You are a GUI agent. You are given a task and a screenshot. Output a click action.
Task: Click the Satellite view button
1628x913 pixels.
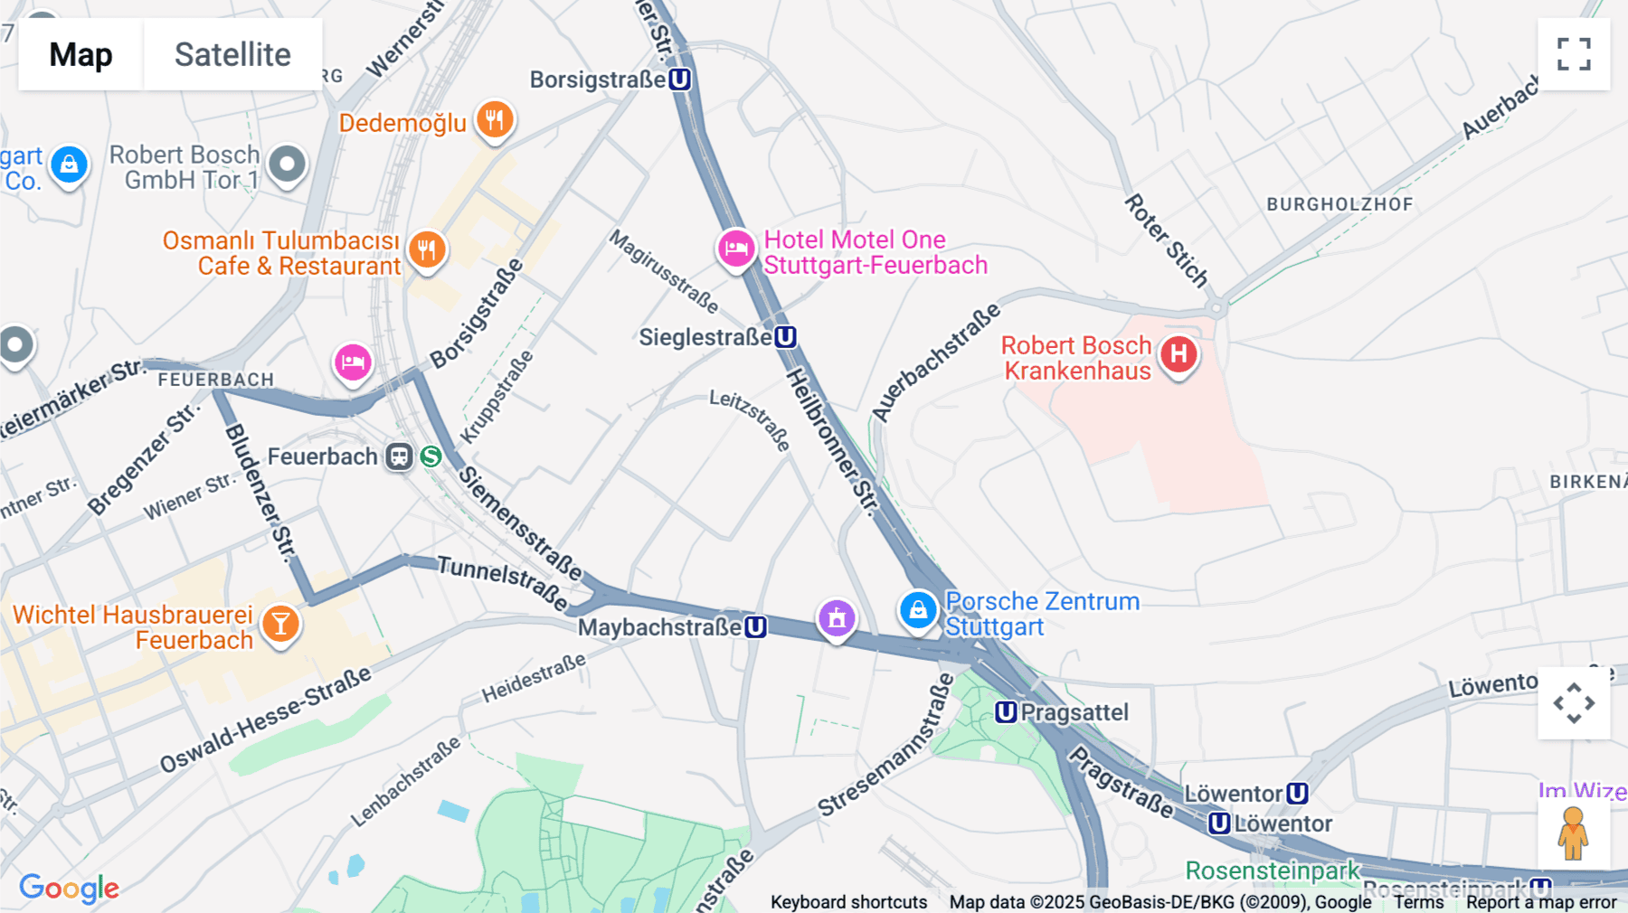232,54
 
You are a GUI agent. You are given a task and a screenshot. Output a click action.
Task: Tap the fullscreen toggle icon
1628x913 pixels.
1574,54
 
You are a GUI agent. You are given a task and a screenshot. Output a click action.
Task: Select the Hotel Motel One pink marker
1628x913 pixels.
736,249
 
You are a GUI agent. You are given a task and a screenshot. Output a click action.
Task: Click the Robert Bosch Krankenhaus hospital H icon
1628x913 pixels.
1178,354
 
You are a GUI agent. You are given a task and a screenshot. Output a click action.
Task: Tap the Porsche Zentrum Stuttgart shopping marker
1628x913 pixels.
918,610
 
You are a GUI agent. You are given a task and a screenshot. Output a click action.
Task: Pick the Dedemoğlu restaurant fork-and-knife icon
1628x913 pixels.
494,118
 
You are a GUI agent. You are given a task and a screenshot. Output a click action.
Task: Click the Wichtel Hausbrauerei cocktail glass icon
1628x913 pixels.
280,624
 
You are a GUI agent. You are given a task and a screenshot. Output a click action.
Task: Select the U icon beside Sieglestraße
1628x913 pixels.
785,337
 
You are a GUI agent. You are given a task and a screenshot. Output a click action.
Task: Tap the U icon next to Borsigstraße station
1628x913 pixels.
679,80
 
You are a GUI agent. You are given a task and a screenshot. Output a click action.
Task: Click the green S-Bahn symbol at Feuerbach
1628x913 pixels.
431,456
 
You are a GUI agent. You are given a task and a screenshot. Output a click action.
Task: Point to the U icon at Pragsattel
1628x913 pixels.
1006,712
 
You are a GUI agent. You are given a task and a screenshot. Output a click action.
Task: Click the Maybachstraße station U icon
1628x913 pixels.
755,626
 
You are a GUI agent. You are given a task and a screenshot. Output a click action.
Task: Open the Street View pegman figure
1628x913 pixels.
1573,833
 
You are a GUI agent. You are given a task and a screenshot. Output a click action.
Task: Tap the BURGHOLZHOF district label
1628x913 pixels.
1339,204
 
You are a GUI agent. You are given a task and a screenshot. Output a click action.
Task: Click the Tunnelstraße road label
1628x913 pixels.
502,582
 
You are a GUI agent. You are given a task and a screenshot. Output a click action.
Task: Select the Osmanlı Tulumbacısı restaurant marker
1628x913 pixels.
427,249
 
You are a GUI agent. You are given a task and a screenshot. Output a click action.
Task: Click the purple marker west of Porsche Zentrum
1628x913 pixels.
837,618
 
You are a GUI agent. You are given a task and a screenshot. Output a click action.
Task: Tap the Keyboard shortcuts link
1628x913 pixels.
848,901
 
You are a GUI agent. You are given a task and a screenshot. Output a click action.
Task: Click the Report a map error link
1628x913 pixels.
1541,901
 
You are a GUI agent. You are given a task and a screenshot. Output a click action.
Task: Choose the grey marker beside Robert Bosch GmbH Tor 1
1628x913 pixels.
288,165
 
